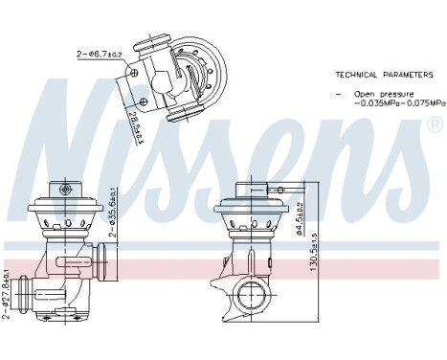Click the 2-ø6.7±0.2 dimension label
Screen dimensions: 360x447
click(98, 54)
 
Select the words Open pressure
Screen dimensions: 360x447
click(374, 94)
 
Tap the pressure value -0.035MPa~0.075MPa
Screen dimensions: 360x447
click(391, 102)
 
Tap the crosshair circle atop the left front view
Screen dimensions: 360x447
click(64, 191)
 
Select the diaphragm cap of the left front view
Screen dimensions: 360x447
click(64, 203)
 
